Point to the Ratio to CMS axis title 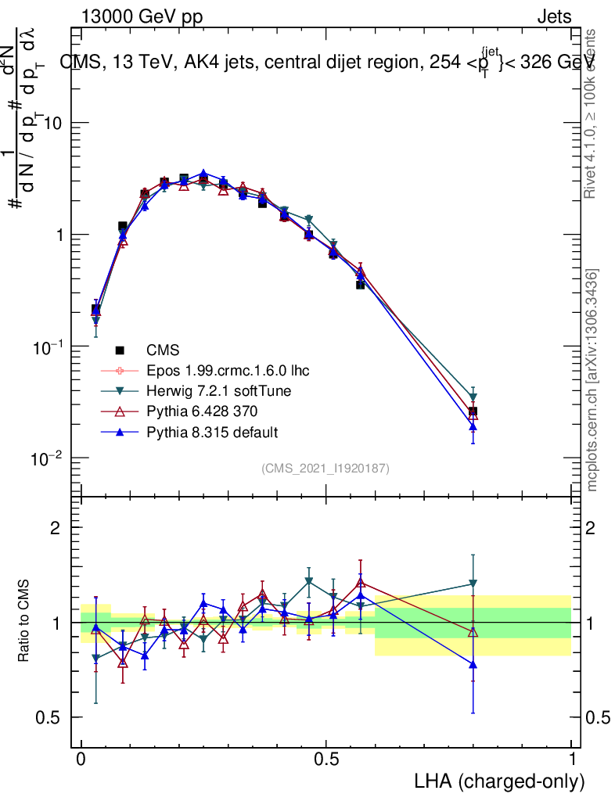[24, 622]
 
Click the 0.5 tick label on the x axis [326, 760]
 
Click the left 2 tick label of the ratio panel [56, 528]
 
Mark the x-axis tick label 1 [572, 760]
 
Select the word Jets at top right [553, 16]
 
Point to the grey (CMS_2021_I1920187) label [325, 468]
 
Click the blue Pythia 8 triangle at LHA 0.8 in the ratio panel [473, 664]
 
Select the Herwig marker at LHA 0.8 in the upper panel [473, 398]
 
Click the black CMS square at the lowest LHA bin [96, 310]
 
